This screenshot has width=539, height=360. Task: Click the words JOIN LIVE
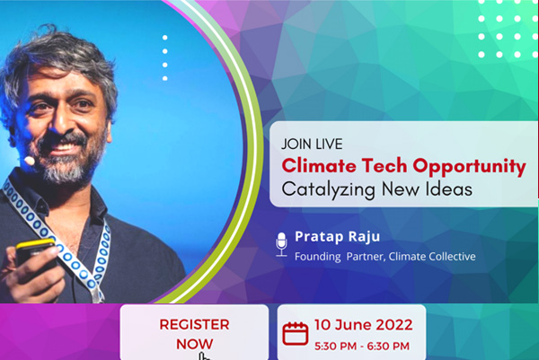click(x=312, y=144)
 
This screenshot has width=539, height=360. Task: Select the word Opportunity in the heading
click(x=469, y=167)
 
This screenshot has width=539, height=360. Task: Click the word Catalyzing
click(x=328, y=189)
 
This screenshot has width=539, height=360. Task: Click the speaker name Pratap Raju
click(x=337, y=237)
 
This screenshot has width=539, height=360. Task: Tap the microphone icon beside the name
click(x=281, y=244)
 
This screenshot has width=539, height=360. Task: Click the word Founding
click(x=318, y=257)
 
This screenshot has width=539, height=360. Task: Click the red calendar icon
click(x=296, y=333)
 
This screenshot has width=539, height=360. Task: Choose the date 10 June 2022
click(x=363, y=325)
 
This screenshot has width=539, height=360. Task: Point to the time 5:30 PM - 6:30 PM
click(x=362, y=346)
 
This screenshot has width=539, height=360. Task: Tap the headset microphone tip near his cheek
click(x=30, y=161)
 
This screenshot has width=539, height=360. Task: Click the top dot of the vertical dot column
click(x=165, y=38)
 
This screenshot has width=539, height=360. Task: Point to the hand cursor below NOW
click(x=204, y=356)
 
